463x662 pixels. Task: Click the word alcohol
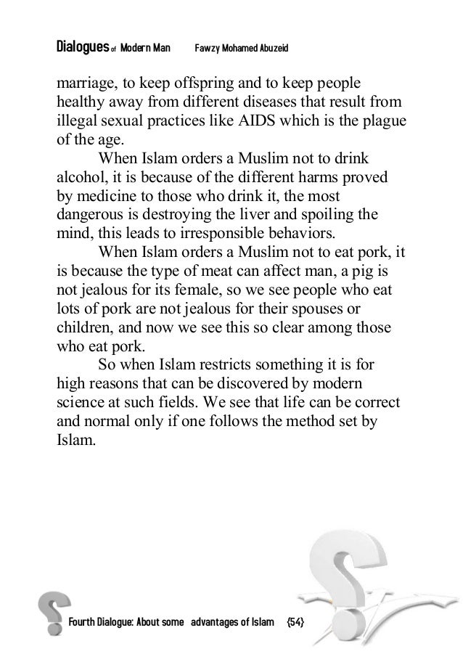81,176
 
